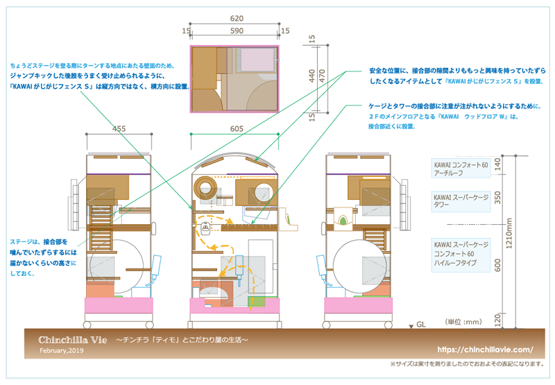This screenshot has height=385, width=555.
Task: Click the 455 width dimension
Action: pos(119,128)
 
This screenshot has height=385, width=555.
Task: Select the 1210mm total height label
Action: pos(529,237)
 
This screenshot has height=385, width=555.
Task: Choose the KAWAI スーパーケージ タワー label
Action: pos(461,200)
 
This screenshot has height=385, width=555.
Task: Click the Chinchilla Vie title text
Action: pos(73,340)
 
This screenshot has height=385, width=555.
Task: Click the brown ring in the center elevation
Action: pos(206,187)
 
